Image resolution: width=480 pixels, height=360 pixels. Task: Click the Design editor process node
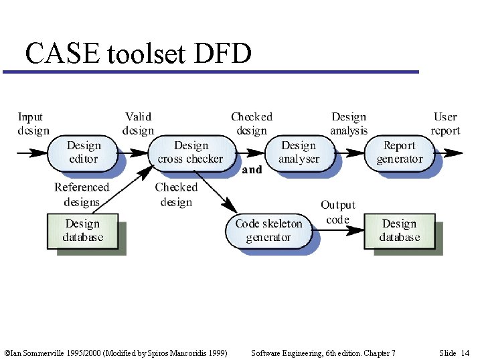coord(84,153)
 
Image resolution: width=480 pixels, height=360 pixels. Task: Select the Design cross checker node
coord(191,153)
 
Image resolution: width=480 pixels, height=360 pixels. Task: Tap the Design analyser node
coord(299,153)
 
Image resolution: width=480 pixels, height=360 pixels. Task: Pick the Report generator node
coord(400,153)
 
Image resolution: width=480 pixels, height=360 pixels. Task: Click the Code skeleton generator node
coord(268,230)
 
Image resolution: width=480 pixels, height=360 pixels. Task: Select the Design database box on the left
coord(83,231)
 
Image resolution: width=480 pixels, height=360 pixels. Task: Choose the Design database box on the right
coord(400,231)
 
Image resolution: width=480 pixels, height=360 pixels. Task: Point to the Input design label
coord(33,124)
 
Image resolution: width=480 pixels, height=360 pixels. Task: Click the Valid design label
coord(138,124)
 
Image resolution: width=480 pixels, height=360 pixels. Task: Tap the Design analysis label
coord(349,124)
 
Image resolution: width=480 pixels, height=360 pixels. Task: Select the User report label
coord(445,124)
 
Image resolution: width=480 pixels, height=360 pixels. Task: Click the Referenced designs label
coord(81,195)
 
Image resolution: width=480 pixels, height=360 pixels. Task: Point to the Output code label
coord(337,212)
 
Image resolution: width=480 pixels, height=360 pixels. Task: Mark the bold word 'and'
coord(252,170)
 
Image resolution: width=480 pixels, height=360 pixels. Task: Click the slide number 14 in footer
coord(465,353)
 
